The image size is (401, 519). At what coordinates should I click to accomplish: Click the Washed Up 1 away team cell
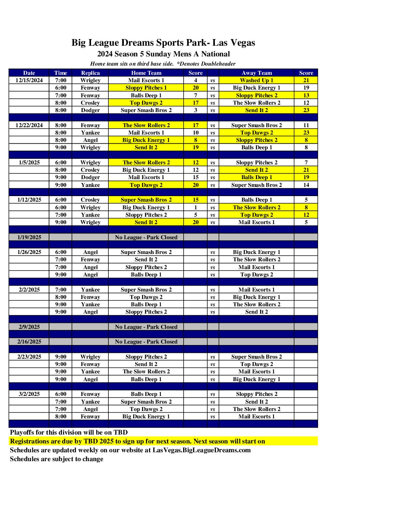257,80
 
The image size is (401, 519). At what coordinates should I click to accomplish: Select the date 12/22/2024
29,125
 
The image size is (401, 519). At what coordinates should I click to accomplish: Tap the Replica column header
90,73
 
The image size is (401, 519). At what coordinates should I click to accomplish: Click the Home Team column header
146,73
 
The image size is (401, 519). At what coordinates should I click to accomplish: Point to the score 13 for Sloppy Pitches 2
306,95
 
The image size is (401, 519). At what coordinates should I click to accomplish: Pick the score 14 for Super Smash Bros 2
306,185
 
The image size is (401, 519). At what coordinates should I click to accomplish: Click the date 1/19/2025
29,237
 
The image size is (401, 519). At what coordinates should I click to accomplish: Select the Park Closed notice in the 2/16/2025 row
146,342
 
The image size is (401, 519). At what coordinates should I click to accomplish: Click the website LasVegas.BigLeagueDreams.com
202,450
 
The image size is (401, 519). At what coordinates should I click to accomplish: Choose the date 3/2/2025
29,394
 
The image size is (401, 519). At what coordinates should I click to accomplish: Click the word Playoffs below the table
22,432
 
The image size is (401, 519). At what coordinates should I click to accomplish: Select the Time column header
60,73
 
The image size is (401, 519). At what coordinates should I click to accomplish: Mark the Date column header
29,73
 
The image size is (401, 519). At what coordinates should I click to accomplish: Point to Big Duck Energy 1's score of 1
195,208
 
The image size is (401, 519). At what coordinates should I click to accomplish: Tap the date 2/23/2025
29,357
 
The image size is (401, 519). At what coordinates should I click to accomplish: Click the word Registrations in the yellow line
31,441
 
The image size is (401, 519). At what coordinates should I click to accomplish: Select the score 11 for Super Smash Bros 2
306,125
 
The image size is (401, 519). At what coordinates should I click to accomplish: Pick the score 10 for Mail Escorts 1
195,133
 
